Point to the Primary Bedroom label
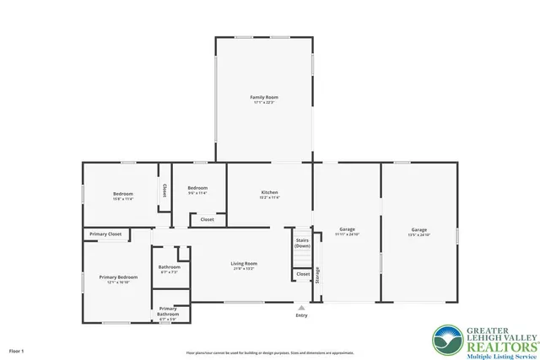[x=118, y=279]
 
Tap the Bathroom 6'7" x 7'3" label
[x=169, y=269]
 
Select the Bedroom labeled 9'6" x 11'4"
[x=197, y=190]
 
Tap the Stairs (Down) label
[x=302, y=242]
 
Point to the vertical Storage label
[x=318, y=275]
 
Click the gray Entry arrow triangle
[x=301, y=308]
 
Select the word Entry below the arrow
[x=301, y=316]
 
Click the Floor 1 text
[x=17, y=350]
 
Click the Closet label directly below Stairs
[x=302, y=274]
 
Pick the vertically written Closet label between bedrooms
[x=164, y=191]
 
